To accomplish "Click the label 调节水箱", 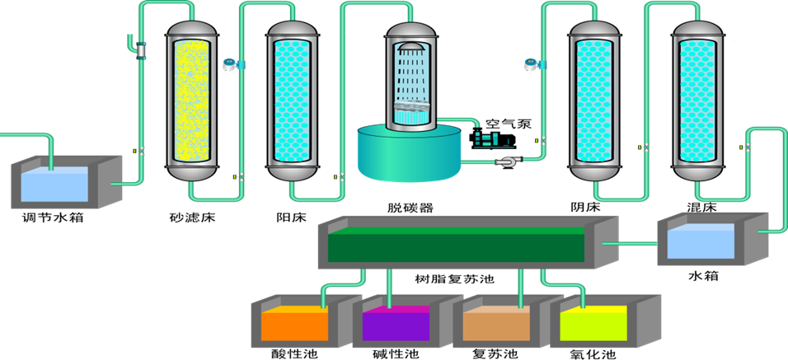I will (x=52, y=218).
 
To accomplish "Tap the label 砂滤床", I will (x=191, y=218).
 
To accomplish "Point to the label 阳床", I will (x=291, y=218).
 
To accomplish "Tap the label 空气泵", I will (x=508, y=124).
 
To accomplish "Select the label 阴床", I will (x=592, y=207).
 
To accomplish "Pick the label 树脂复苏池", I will (x=453, y=278).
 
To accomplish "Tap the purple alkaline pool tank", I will (x=396, y=323).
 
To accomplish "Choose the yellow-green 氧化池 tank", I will (x=594, y=323).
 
